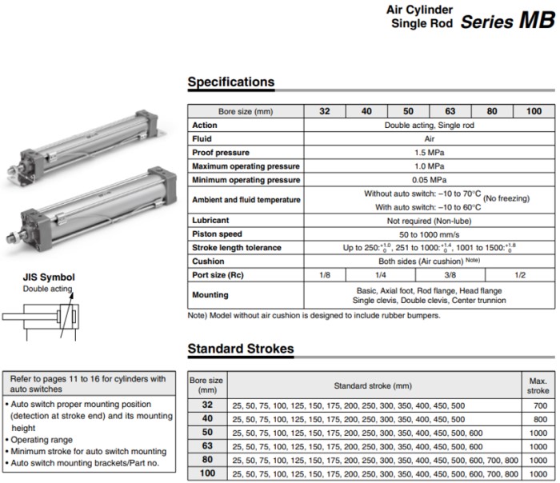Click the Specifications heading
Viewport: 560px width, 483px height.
click(230, 82)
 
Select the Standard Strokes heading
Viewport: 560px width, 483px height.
click(240, 349)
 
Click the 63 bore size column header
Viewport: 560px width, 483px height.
click(450, 112)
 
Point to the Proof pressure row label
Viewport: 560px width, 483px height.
click(221, 152)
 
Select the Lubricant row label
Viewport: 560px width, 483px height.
click(210, 220)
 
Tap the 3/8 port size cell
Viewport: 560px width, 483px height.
click(450, 275)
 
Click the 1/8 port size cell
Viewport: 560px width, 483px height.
click(325, 275)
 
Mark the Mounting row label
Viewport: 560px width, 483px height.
click(210, 295)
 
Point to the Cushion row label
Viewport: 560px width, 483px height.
click(208, 261)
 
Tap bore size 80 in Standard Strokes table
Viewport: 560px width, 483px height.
click(207, 461)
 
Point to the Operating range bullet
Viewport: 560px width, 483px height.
click(42, 440)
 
